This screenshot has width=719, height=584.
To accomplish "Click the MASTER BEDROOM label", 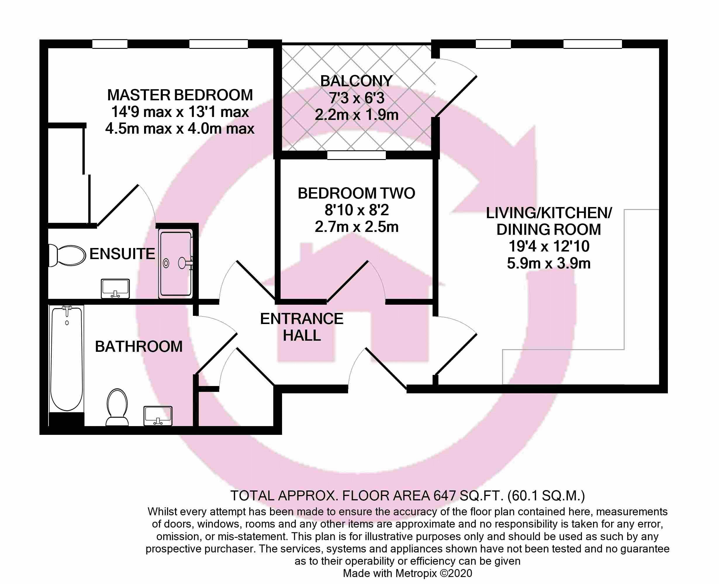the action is click(x=180, y=95).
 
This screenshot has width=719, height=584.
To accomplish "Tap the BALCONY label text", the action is click(x=356, y=81).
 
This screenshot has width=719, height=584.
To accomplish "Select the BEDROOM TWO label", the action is click(x=356, y=193).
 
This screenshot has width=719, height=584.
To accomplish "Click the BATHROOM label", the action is click(x=139, y=347).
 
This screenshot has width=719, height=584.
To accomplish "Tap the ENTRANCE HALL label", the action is click(x=302, y=327).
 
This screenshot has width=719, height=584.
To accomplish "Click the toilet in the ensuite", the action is click(x=67, y=255).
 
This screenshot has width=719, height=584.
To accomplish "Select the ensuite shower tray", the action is click(x=176, y=264).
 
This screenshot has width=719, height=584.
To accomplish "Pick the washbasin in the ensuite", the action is click(x=115, y=289).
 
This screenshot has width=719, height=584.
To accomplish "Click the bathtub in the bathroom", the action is click(x=67, y=359).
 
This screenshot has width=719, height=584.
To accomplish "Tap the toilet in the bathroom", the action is click(x=117, y=407).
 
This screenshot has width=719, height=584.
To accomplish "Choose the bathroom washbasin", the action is click(x=158, y=416).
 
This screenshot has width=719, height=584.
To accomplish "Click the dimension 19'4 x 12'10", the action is click(x=549, y=246).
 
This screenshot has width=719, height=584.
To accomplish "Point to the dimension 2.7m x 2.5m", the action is click(x=356, y=227).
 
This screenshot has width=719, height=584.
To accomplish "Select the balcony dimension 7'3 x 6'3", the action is click(x=356, y=98).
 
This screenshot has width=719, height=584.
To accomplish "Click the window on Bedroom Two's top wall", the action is click(x=356, y=155).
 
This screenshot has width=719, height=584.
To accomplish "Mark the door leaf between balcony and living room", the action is click(x=456, y=96).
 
